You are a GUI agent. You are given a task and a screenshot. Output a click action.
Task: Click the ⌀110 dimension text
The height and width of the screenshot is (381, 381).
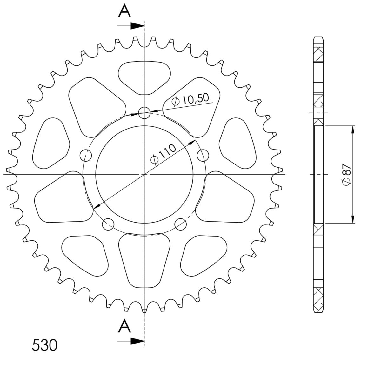163,154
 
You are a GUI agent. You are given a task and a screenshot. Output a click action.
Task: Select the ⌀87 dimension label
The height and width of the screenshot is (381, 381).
347,174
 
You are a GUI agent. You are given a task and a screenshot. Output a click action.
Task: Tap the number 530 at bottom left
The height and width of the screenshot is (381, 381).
44,345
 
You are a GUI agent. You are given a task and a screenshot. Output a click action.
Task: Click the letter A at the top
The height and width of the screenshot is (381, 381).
124,11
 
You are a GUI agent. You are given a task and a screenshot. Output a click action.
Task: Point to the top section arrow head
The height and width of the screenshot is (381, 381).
137,26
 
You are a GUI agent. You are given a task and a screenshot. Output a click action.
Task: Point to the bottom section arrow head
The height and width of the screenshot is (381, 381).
137,341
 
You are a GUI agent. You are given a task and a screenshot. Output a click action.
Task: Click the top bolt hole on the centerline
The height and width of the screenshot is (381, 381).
144,113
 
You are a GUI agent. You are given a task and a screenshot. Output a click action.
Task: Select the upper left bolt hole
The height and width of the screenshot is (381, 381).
86,155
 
